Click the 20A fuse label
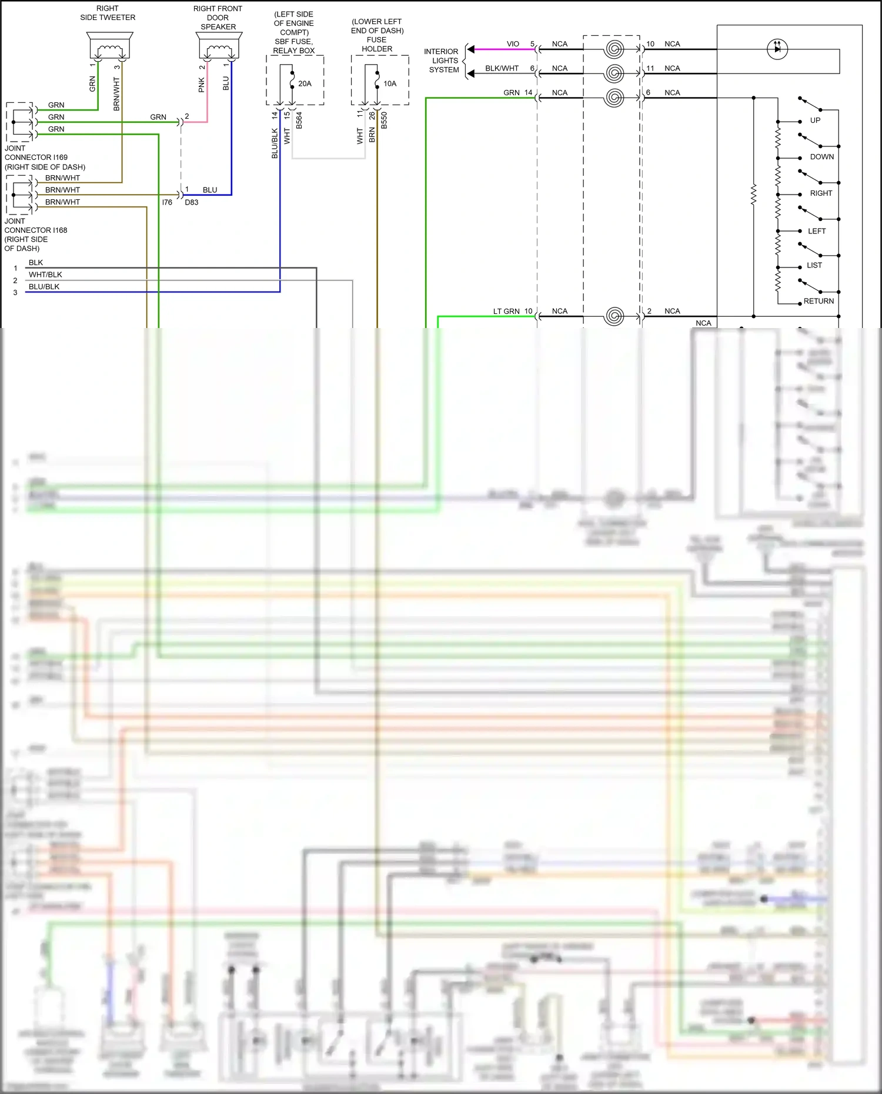pyautogui.click(x=305, y=83)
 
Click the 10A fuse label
pyautogui.click(x=390, y=83)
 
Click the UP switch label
pyautogui.click(x=815, y=121)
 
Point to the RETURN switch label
pyautogui.click(x=818, y=301)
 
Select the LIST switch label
pyautogui.click(x=814, y=265)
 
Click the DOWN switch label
pyautogui.click(x=821, y=157)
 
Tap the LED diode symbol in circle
pyautogui.click(x=778, y=49)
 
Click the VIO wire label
pyautogui.click(x=513, y=44)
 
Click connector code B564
pyautogui.click(x=299, y=121)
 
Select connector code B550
pyautogui.click(x=385, y=121)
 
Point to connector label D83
pyautogui.click(x=192, y=202)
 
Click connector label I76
pyautogui.click(x=167, y=202)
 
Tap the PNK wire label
pyautogui.click(x=202, y=85)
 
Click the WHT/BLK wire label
pyautogui.click(x=45, y=275)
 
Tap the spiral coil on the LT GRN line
pyautogui.click(x=614, y=316)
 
